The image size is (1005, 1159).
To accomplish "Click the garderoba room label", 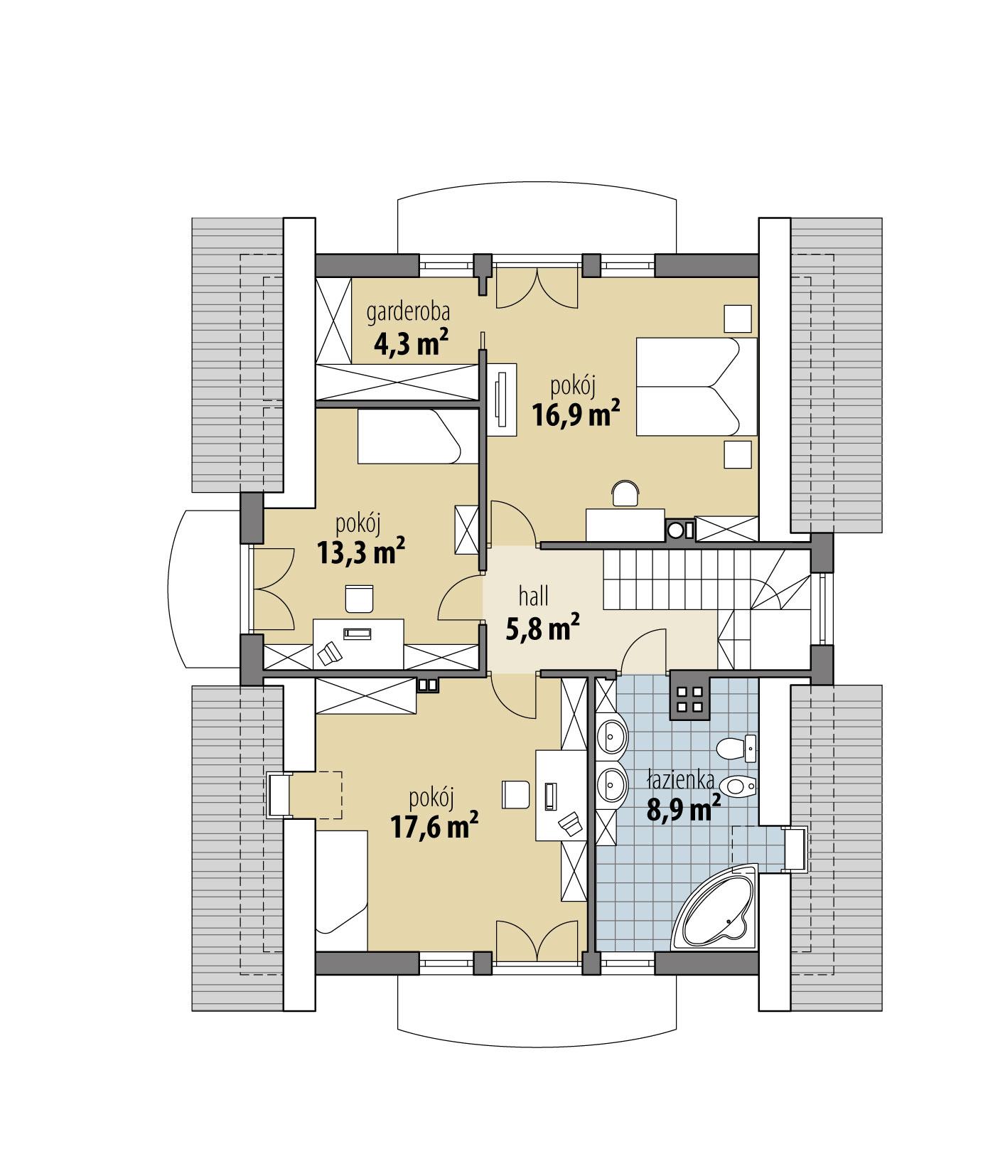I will (408, 312).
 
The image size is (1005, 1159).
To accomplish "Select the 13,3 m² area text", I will (361, 552).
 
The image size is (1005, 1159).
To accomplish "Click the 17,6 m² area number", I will (434, 826).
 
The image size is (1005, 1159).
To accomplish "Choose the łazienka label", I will (679, 781).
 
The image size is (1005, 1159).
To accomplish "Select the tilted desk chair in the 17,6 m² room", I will (571, 823).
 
